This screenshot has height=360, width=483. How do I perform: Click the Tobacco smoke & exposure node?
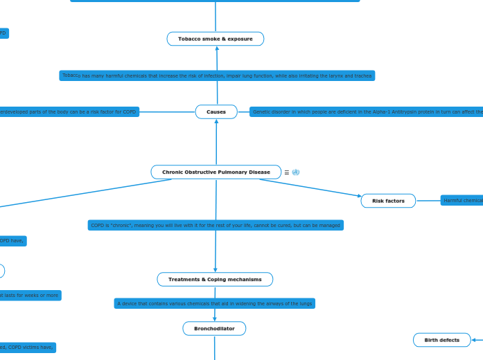tap(216, 39)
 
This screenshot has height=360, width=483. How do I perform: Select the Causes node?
tap(216, 111)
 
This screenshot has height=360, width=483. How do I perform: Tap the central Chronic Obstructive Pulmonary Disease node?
tap(216, 172)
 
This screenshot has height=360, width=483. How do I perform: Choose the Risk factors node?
tap(388, 201)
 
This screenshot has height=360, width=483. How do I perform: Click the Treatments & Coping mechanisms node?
tap(215, 279)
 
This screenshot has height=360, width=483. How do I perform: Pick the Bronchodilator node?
tap(214, 328)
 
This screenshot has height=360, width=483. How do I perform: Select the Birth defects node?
tap(441, 340)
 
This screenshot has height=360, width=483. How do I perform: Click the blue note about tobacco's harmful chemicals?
tap(217, 75)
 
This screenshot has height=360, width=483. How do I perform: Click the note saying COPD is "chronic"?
tap(216, 225)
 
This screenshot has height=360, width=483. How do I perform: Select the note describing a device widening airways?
tap(214, 303)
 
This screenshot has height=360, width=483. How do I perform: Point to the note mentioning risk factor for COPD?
tap(69, 111)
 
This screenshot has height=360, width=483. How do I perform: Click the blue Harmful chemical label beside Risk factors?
tap(462, 201)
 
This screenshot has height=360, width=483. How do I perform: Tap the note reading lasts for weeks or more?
tap(30, 296)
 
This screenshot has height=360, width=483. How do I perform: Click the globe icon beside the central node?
tap(296, 172)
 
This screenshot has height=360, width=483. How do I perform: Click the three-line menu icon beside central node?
tap(287, 172)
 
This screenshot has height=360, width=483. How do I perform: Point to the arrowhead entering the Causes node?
tap(216, 122)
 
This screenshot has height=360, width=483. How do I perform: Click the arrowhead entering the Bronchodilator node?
tap(214, 318)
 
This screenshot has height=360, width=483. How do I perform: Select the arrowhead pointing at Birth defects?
tap(473, 340)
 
